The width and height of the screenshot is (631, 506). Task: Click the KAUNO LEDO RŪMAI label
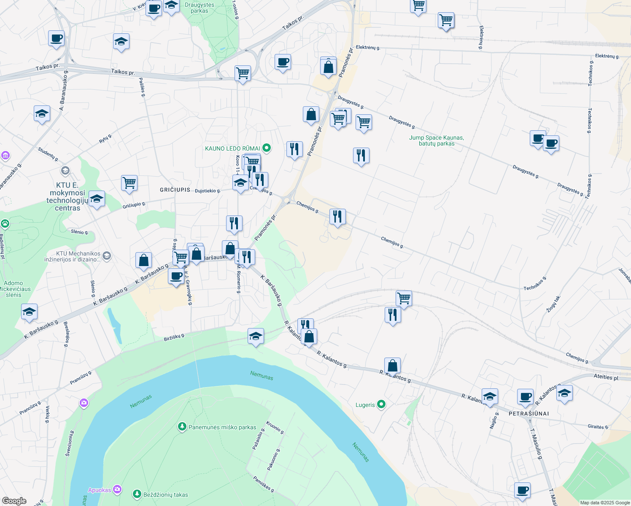(232, 148)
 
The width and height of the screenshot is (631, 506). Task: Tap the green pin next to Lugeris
(381, 405)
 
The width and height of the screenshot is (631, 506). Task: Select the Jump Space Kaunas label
(436, 140)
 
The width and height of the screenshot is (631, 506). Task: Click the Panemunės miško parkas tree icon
(182, 427)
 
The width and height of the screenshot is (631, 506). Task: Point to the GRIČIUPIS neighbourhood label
(175, 190)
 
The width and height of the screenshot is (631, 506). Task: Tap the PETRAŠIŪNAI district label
(529, 414)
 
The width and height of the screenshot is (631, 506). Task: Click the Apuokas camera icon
(117, 490)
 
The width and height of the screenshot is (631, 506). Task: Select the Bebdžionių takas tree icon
(137, 494)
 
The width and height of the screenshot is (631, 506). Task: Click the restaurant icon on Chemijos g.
(337, 217)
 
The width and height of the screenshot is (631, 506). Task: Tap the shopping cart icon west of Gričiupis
(129, 183)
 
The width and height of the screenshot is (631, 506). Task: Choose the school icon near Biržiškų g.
(256, 336)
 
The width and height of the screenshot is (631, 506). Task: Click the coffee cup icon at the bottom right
(522, 490)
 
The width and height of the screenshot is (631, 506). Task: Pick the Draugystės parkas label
(200, 8)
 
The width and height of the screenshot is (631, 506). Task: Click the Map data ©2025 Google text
(605, 503)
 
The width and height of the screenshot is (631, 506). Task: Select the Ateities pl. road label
(606, 377)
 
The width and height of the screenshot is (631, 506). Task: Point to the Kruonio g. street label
(275, 427)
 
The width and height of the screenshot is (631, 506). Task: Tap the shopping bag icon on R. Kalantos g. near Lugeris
(392, 366)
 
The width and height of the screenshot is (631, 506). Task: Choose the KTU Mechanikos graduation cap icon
(107, 256)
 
